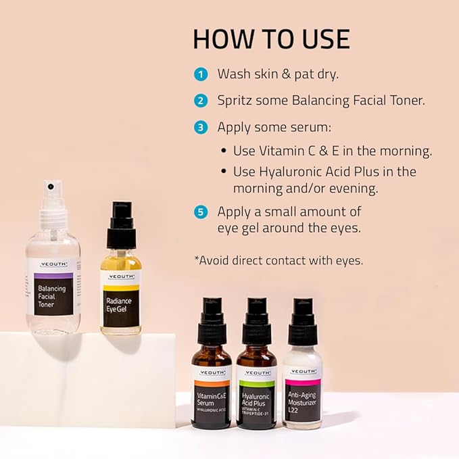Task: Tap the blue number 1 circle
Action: click(200, 74)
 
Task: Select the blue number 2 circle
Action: click(200, 101)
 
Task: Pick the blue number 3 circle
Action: click(200, 127)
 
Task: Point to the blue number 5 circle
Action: click(200, 212)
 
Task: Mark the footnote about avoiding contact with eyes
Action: click(278, 260)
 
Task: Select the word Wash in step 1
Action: click(233, 74)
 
